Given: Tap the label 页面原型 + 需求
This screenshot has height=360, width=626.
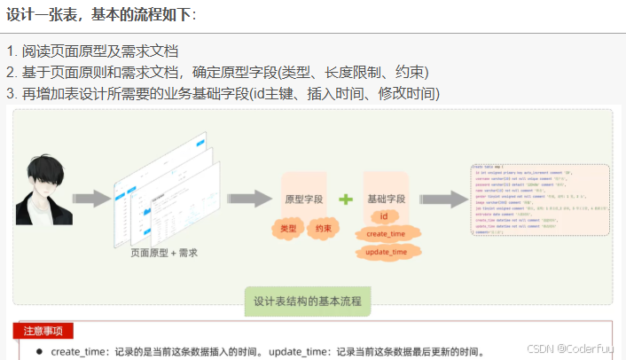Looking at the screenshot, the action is tap(164, 253).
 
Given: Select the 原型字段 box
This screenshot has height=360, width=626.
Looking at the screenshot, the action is tap(303, 200).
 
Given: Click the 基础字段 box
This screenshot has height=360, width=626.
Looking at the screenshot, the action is tap(385, 200).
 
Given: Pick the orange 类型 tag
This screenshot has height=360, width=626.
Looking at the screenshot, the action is tap(287, 229).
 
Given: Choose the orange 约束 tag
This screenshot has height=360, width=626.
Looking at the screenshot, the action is tap(325, 229).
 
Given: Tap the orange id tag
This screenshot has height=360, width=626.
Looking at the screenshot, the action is tap(384, 216).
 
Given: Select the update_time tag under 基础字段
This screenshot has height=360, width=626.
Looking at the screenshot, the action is tap(387, 253).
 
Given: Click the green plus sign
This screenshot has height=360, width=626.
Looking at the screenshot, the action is tap(346, 200).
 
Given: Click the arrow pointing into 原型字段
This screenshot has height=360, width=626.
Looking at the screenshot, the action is tap(249, 199).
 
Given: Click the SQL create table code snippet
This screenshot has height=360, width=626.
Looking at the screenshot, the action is tap(539, 199).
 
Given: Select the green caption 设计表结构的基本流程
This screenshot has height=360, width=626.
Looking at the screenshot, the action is tap(308, 301).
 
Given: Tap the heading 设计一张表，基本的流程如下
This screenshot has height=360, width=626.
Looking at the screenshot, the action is tap(102, 14).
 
